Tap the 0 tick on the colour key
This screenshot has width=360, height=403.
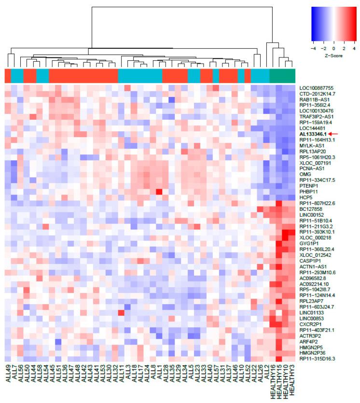click(334, 49)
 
